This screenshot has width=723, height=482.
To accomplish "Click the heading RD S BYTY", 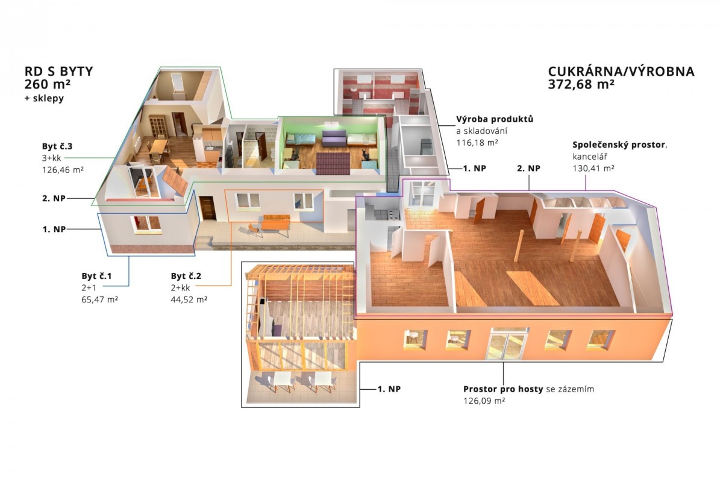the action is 59,71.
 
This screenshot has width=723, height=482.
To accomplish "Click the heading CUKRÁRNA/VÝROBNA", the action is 621,70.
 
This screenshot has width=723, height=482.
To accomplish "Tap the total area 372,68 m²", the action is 581,84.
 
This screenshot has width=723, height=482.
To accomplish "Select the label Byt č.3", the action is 57,146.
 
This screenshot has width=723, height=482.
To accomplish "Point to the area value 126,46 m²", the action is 63,170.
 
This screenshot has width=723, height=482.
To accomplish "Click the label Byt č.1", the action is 96,276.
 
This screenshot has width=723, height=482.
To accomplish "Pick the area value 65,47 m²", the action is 100,299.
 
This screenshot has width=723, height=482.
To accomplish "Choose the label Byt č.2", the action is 186,276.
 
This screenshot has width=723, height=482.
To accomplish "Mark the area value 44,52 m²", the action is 189,299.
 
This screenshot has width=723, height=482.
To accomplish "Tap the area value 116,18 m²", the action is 477,142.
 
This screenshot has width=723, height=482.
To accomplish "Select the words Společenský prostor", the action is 619,145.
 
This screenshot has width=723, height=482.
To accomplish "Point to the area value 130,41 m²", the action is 593,168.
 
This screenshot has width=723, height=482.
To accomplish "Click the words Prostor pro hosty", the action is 503,389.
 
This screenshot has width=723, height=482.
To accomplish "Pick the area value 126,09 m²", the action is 484,401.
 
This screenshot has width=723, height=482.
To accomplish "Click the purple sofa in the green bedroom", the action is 334,139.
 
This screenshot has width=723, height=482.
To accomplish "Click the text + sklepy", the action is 44,98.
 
